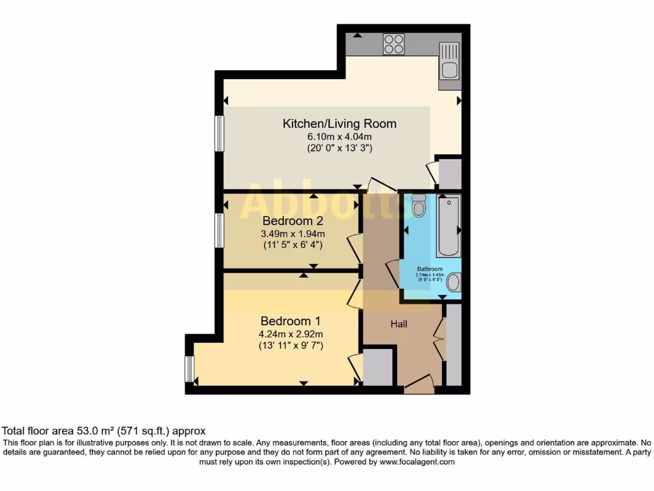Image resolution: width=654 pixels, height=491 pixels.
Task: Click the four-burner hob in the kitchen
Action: coord(393,43)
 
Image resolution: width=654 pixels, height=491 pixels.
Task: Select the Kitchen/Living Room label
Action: coord(339,123)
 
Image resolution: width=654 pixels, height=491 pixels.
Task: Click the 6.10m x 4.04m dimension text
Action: coord(339,136)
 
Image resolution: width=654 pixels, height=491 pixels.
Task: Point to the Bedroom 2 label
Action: coord(293,221)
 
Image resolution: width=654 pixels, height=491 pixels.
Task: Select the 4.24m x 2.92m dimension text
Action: coord(291,334)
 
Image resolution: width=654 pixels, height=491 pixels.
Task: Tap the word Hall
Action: coord(399,324)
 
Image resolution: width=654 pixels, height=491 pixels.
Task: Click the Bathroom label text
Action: coord(430,269)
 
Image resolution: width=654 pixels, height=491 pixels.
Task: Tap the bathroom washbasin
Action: coord(453,282)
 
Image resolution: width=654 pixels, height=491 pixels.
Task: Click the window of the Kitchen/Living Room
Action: coord(219,134)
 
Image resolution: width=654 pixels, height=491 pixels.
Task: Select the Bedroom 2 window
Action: coord(219,231)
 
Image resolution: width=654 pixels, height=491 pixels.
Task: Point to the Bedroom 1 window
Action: coord(189,369)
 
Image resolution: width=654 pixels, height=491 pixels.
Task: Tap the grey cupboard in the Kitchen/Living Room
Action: coord(449,173)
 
